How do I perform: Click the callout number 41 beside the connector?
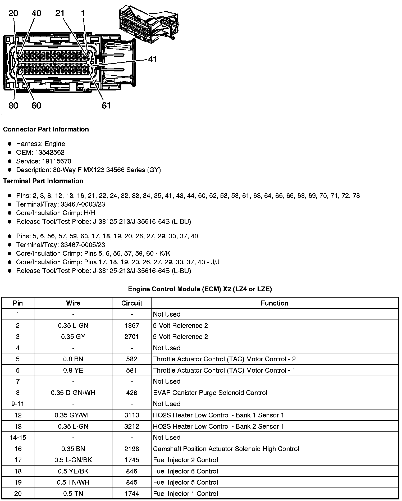click(152, 59)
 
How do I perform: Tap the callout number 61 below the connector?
click(106, 106)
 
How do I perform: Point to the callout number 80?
click(13, 106)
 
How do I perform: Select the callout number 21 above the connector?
click(60, 13)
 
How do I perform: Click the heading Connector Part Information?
click(46, 129)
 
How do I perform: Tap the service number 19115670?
click(57, 161)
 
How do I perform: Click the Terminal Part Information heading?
click(43, 181)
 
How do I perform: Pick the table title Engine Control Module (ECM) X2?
click(200, 289)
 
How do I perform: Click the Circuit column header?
click(132, 303)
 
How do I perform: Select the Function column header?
click(275, 303)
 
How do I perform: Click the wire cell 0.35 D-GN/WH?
click(73, 393)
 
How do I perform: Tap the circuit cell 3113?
click(132, 415)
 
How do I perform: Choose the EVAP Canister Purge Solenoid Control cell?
click(210, 393)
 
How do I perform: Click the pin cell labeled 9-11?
click(18, 404)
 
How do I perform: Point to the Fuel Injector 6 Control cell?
click(185, 471)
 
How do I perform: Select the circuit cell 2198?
click(132, 449)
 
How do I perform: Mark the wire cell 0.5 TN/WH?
click(73, 482)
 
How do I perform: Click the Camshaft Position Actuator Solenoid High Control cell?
click(226, 449)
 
